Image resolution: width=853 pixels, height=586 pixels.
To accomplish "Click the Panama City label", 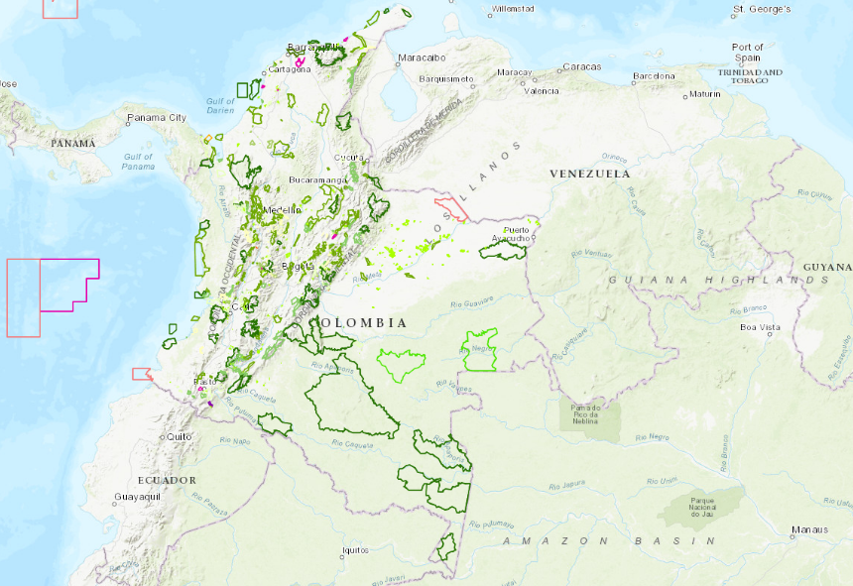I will pyautogui.click(x=157, y=118).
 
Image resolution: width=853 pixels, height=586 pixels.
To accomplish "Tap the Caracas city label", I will pyautogui.click(x=581, y=67).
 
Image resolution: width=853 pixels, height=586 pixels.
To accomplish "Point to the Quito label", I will pyautogui.click(x=179, y=436).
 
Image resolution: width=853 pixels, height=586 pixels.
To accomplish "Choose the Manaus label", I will pyautogui.click(x=809, y=529).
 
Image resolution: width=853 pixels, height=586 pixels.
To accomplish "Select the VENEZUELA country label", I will pyautogui.click(x=590, y=174).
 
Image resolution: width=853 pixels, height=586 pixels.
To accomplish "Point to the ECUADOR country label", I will pyautogui.click(x=167, y=480).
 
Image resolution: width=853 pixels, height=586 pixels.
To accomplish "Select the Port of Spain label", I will pyautogui.click(x=747, y=53).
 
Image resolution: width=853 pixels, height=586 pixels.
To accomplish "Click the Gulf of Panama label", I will pyautogui.click(x=139, y=162).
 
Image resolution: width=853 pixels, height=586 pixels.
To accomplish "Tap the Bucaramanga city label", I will pyautogui.click(x=318, y=179).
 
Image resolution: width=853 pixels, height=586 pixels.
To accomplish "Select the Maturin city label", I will pyautogui.click(x=706, y=94).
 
